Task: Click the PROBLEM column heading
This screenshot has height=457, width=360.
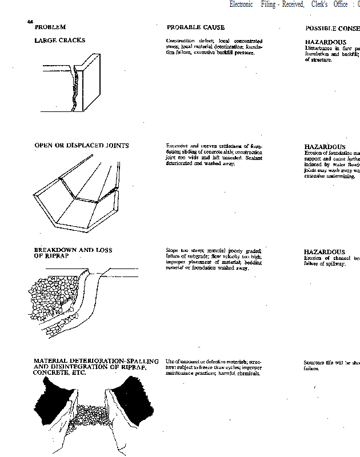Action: pos(50,27)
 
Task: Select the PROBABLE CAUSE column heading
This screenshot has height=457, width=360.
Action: pos(195,27)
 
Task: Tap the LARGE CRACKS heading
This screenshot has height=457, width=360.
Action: pos(59,41)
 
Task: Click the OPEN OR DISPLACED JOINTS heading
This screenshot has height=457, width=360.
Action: pos(81,146)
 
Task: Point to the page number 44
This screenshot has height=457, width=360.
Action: pos(30,22)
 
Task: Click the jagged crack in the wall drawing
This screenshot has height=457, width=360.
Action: pos(74,89)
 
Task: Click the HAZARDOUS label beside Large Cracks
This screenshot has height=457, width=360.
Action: pos(325,42)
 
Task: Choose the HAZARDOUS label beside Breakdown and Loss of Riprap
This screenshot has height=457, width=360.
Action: pos(324,252)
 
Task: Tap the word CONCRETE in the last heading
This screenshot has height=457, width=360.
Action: pos(51,372)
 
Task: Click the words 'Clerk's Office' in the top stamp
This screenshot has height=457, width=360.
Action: pos(330,4)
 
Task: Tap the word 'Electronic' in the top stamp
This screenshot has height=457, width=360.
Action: pos(242,4)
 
